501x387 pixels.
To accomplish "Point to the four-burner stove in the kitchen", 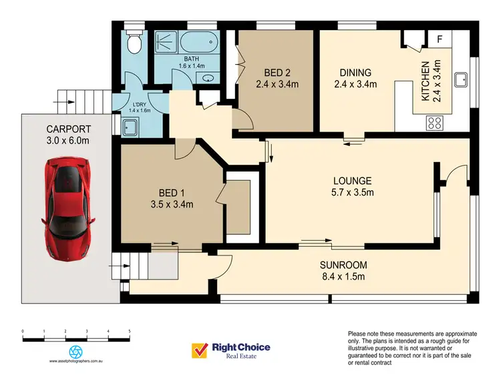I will coord(434,122).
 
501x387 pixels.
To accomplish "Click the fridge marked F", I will coord(439,39).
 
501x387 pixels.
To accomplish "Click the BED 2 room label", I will coord(277,79).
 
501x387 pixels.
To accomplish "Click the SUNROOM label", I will coord(343,265).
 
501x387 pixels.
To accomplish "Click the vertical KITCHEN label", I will coord(425,81).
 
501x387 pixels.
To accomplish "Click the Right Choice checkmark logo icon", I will coord(199,350).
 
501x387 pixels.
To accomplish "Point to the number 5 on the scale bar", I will coord(129,331).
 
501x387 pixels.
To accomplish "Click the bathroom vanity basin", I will coord(210,77).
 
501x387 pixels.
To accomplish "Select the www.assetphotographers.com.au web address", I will coord(76,362).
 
